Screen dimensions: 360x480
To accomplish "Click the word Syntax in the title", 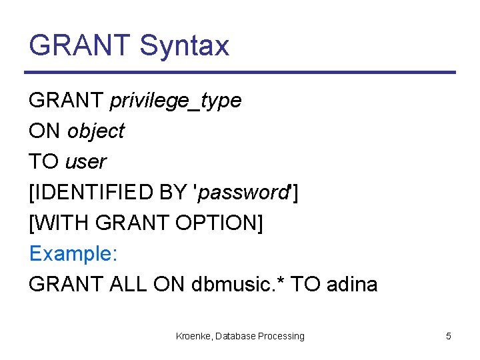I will [x=185, y=46].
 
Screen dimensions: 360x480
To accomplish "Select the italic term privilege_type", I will [x=175, y=101].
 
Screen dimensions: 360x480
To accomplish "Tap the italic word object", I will [x=95, y=131].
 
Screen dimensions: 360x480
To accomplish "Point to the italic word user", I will [x=85, y=162].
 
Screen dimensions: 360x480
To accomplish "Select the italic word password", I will [x=241, y=193].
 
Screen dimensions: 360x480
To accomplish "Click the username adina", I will [x=351, y=285].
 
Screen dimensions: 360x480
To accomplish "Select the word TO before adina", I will [x=306, y=285].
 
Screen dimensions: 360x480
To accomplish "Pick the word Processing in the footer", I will [x=281, y=336].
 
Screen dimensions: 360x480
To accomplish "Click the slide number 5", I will [x=448, y=336].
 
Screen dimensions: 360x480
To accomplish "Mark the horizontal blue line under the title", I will [x=240, y=72].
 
